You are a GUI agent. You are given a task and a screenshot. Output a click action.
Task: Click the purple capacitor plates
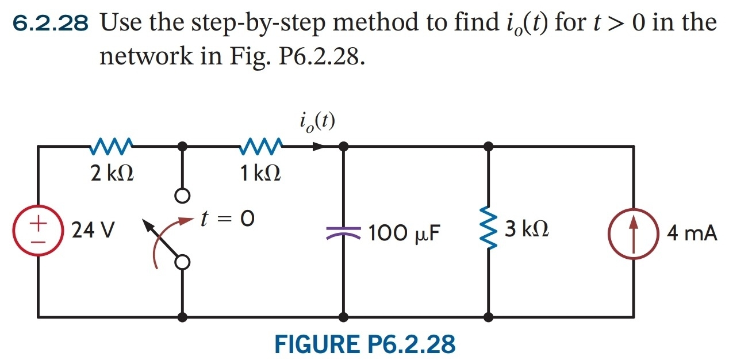click(x=343, y=233)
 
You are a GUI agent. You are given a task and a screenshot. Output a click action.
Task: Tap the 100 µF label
click(x=404, y=233)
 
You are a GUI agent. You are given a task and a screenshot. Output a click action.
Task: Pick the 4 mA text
click(x=692, y=233)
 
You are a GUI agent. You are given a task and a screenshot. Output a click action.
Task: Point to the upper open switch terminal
click(x=182, y=196)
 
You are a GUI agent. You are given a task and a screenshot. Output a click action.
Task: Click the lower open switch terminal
click(x=182, y=263)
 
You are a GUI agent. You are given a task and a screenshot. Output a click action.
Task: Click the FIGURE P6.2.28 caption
click(x=365, y=344)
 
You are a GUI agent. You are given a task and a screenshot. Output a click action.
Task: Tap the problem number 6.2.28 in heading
click(x=51, y=24)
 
